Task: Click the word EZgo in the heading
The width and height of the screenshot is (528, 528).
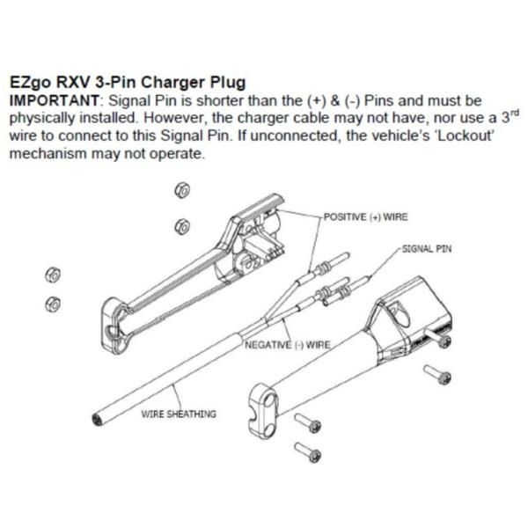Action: click(30, 83)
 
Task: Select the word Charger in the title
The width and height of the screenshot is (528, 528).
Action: click(173, 83)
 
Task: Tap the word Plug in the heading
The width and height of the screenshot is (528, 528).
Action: click(228, 83)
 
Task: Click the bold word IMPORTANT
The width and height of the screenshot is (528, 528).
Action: click(54, 100)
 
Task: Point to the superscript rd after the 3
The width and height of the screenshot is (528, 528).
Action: click(515, 112)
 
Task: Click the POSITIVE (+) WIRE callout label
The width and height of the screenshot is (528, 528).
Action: click(366, 216)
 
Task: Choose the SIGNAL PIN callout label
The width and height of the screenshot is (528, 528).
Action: click(427, 249)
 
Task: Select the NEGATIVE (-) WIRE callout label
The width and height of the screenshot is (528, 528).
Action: click(288, 345)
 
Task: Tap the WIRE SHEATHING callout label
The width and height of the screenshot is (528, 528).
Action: click(179, 414)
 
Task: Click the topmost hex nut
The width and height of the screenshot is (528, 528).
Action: click(182, 190)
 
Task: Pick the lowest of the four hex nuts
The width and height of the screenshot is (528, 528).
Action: click(53, 304)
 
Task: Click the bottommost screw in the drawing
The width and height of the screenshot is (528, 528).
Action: click(308, 452)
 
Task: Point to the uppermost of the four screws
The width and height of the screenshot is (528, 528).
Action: click(437, 338)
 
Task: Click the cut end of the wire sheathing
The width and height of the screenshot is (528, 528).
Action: click(98, 420)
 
